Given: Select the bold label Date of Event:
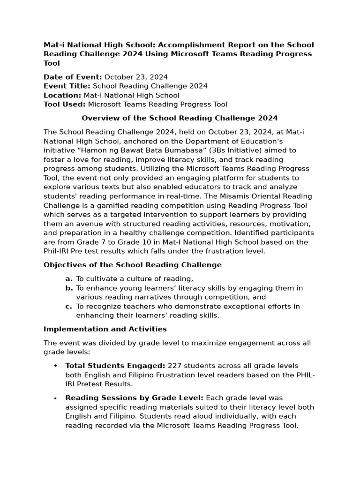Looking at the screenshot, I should pyautogui.click(x=73, y=77).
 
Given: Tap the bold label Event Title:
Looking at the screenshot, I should pyautogui.click(x=67, y=86).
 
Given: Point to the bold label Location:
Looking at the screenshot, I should pyautogui.click(x=62, y=95).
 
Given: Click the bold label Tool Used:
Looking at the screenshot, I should pyautogui.click(x=65, y=105).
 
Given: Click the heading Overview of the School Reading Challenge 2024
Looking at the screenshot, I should pyautogui.click(x=180, y=118).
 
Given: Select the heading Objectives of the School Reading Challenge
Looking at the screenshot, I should pyautogui.click(x=133, y=265).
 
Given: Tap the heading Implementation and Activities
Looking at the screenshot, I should pyautogui.click(x=105, y=329).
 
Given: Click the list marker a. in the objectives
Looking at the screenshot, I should pyautogui.click(x=68, y=279).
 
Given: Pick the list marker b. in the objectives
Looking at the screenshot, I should pyautogui.click(x=68, y=288).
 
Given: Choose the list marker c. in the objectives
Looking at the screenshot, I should pyautogui.click(x=68, y=306).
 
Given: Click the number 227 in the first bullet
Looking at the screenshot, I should pyautogui.click(x=174, y=366).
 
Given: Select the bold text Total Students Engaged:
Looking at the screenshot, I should pyautogui.click(x=115, y=366).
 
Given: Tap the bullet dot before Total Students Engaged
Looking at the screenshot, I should pyautogui.click(x=55, y=366).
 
